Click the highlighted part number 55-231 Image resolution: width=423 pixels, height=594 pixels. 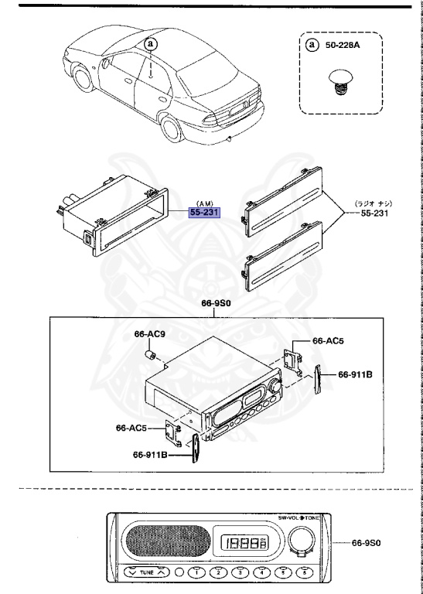205,213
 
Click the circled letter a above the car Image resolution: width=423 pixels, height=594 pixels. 151,44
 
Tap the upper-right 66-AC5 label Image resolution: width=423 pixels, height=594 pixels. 329,340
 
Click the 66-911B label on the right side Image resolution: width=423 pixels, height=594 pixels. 356,374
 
